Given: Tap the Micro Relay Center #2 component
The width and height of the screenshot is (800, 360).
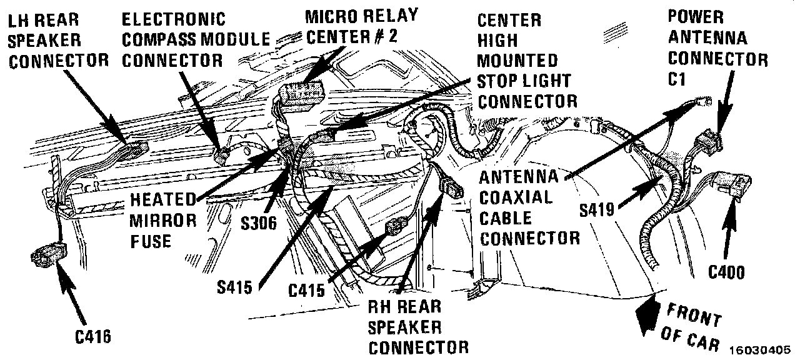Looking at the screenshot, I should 301,94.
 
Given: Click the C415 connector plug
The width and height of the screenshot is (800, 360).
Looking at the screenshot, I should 396,229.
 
